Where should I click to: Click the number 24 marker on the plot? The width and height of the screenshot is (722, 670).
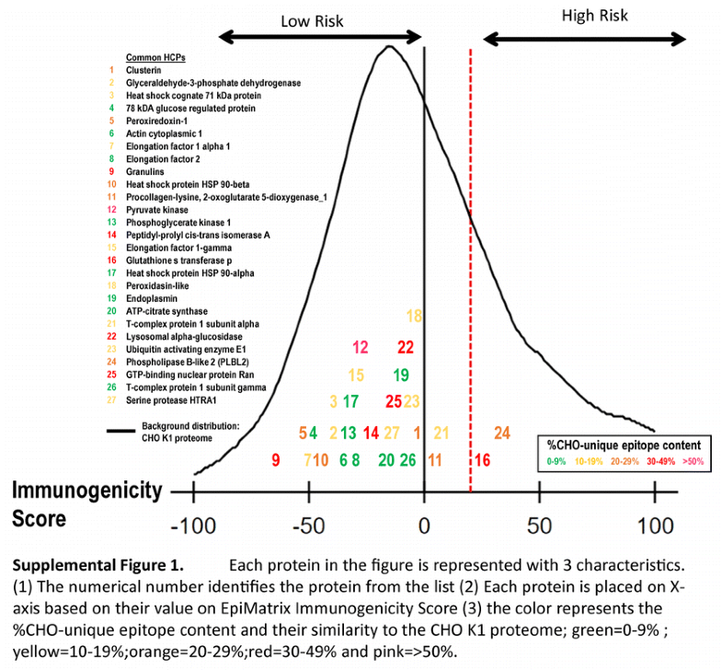[501, 433]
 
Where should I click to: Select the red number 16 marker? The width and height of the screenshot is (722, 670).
[482, 459]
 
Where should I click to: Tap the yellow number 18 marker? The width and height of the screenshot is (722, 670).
[414, 317]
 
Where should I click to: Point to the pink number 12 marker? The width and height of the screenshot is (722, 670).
[361, 347]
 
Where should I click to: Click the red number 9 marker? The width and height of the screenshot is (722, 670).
[275, 459]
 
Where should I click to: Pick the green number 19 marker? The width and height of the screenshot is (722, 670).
[400, 375]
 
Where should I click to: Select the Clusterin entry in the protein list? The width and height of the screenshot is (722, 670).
[143, 70]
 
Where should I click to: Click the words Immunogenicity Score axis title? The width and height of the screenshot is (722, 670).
[86, 503]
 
